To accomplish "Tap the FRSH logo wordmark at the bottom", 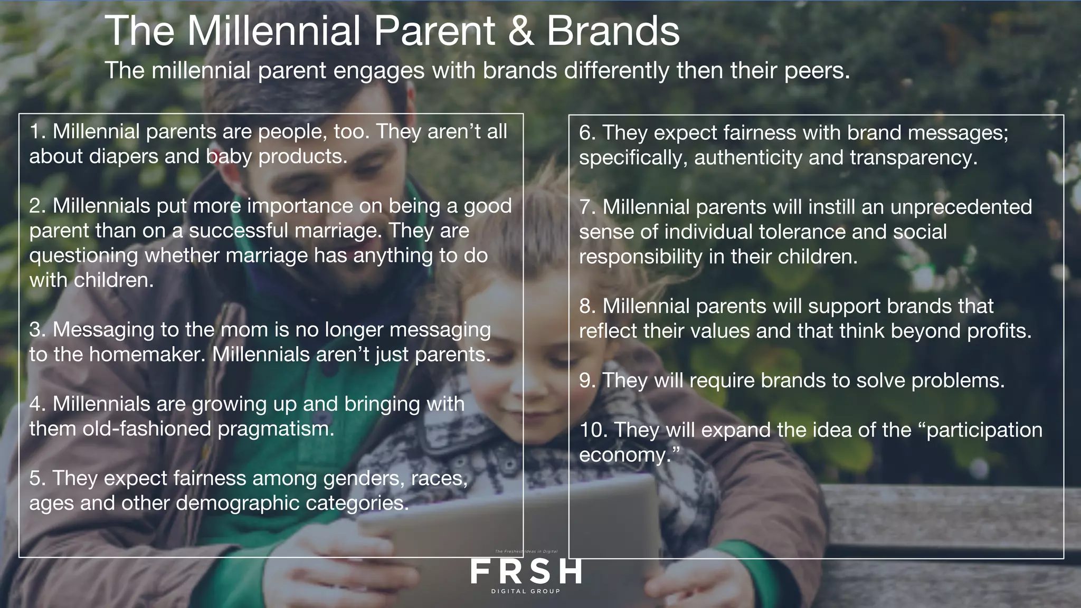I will [526, 572].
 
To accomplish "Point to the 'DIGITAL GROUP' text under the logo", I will [526, 591].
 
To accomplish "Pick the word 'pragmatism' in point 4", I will [276, 429].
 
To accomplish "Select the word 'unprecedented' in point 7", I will [961, 207].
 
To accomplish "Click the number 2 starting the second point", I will [35, 206].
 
